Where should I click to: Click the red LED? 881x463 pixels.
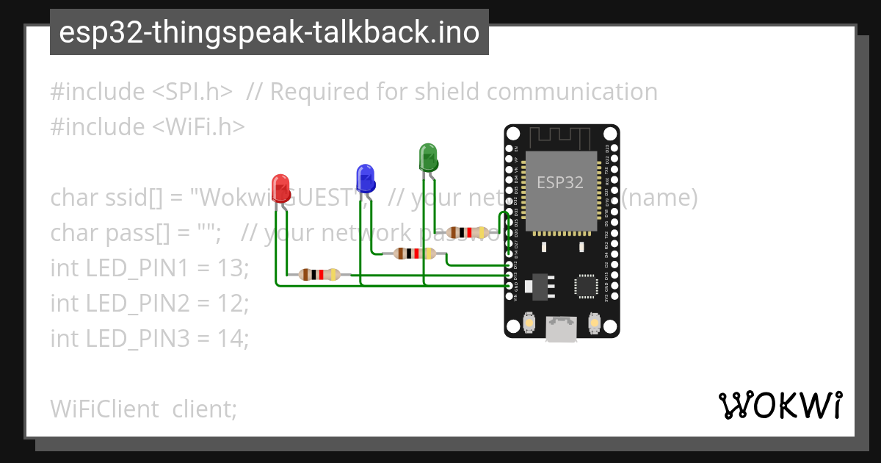[x=280, y=188]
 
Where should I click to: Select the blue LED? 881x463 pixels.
[x=365, y=178]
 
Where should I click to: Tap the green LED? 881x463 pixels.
[x=428, y=157]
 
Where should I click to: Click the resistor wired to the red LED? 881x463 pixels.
[x=319, y=275]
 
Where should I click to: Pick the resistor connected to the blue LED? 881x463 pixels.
[x=414, y=254]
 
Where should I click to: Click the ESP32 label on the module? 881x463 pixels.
[x=560, y=182]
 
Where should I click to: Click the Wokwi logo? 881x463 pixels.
[x=780, y=405]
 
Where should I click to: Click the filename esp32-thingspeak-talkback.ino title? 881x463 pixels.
[x=269, y=32]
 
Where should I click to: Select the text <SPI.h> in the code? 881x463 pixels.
[x=193, y=92]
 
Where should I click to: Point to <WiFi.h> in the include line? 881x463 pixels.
[x=198, y=127]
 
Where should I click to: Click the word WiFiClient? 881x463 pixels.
[x=104, y=409]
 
